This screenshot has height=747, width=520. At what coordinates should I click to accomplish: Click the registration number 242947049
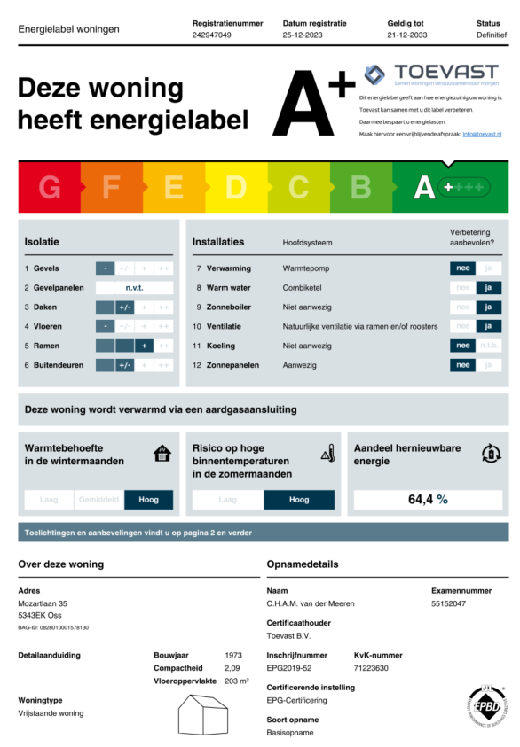point(211,35)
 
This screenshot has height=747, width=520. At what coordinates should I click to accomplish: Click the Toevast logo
point(433,74)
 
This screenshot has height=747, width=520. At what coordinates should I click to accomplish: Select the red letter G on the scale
point(50,188)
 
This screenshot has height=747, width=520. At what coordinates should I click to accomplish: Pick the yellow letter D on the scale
point(236,188)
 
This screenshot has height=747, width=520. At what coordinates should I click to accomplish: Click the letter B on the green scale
point(360,188)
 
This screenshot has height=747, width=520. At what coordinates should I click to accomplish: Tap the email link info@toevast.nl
point(482,134)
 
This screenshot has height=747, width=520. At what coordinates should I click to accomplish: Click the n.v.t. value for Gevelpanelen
point(134,288)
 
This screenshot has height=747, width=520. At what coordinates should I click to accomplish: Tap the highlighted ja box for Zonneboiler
point(488,307)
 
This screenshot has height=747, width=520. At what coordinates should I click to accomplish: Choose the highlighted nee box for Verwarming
point(462,268)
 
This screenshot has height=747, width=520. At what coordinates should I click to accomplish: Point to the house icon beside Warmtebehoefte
point(162,455)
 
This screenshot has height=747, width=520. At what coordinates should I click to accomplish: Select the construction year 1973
point(234,656)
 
